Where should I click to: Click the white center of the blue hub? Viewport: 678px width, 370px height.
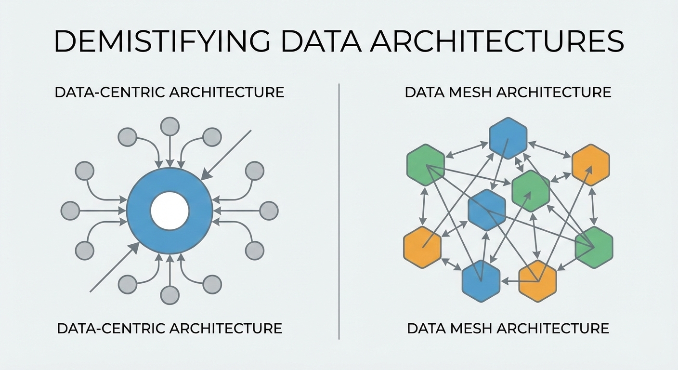169,211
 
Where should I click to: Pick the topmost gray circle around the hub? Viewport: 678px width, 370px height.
169,127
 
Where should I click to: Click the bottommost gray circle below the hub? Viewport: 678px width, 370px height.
169,295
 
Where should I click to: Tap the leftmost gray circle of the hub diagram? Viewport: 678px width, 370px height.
70,211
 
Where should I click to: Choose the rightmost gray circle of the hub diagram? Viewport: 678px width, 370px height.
269,211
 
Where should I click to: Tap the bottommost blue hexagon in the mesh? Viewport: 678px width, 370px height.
481,280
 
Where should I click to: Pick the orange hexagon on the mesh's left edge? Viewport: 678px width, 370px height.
422,247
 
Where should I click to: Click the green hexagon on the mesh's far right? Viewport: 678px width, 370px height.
594,247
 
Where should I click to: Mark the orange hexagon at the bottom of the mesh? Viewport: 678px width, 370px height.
537,281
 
